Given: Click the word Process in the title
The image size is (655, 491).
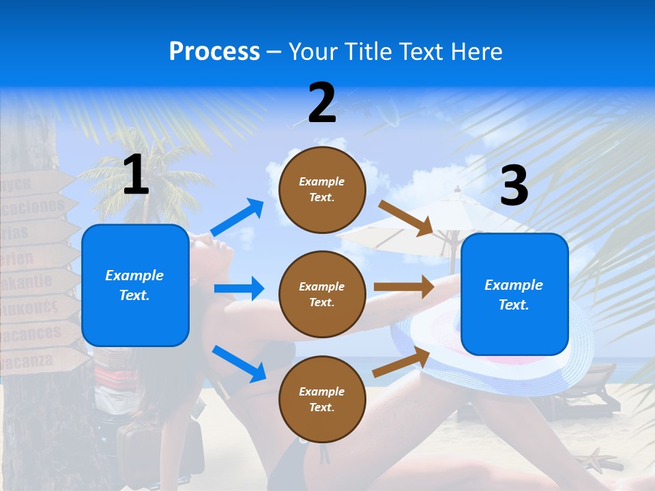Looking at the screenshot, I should [214, 52].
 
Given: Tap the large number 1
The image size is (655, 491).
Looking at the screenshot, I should [136, 175].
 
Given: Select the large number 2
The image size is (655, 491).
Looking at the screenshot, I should [322, 102].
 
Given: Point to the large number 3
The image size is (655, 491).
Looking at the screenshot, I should [514, 186].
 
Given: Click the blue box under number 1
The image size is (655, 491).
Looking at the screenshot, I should [135, 285].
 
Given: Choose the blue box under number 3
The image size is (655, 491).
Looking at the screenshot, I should [514, 295].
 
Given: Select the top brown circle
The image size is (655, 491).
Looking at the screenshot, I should [322, 190].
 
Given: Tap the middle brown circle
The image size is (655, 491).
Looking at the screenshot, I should [322, 295].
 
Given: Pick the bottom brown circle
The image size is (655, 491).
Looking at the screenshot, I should [322, 400].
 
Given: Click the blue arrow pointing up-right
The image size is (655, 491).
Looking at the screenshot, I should [237, 218].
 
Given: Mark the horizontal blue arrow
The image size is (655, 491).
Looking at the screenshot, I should [239, 289].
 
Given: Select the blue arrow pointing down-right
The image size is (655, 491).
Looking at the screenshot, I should [239, 363].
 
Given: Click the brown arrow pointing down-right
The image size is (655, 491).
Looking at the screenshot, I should [406, 218].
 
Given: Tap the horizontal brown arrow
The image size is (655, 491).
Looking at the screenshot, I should [404, 287].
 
